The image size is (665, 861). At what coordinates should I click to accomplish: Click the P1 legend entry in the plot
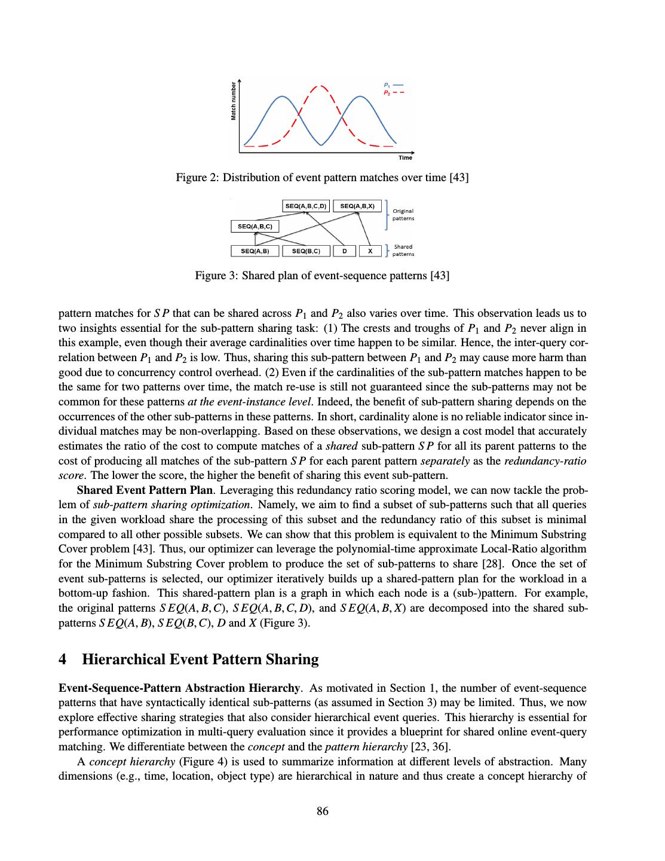tap(393, 84)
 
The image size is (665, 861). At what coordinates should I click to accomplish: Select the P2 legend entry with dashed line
tap(393, 92)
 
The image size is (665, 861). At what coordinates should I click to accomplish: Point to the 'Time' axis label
tap(405, 157)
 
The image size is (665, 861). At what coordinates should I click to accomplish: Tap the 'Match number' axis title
tap(234, 102)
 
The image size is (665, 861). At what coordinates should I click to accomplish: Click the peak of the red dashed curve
tap(321, 86)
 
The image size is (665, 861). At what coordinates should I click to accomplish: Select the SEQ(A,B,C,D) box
tap(306, 206)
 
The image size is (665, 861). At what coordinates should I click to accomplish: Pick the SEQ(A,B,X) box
tap(357, 206)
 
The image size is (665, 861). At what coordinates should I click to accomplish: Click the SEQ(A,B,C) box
tap(255, 227)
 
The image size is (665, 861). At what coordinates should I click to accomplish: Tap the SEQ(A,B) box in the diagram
tap(255, 251)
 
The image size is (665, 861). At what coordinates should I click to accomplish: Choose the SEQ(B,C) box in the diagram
tap(306, 251)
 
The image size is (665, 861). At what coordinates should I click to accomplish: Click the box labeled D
tap(344, 251)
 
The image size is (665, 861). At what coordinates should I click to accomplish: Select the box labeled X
tap(370, 251)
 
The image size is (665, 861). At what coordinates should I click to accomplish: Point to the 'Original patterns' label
tap(403, 215)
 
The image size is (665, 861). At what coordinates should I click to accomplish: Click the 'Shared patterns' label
tap(403, 250)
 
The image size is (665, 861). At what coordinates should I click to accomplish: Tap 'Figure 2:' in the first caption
tap(195, 178)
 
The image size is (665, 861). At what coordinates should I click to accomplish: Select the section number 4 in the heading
tap(63, 660)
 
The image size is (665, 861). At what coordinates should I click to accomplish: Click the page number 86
tap(323, 811)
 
